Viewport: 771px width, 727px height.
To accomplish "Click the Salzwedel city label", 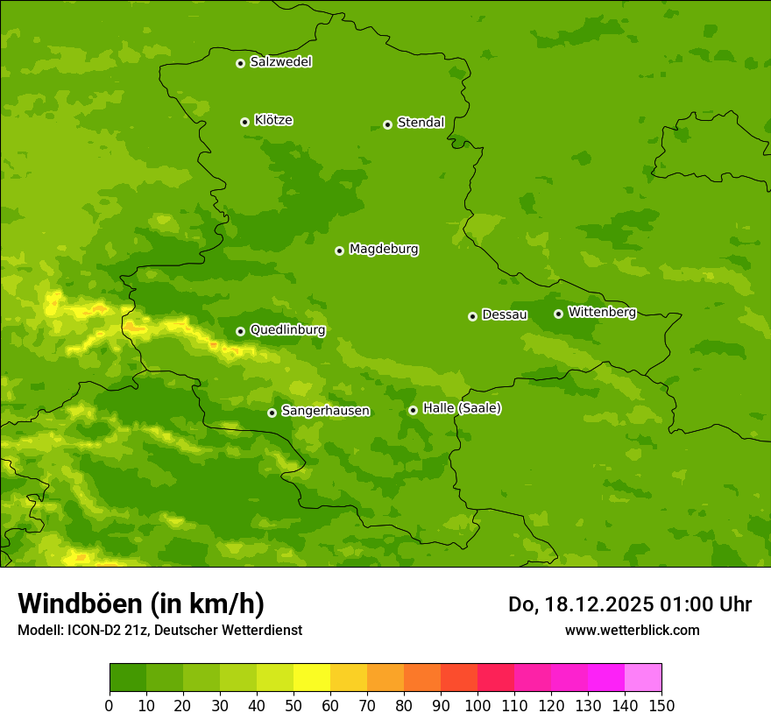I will [x=280, y=62].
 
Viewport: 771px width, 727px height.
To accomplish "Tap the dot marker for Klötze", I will [x=244, y=122].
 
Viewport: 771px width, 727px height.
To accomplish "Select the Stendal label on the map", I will [x=421, y=123].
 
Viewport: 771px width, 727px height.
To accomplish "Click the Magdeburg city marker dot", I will [x=339, y=251].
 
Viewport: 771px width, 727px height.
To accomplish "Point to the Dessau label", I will [x=505, y=314].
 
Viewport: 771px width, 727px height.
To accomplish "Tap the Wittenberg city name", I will [x=602, y=312].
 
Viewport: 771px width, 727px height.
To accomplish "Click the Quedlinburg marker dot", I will [x=240, y=331].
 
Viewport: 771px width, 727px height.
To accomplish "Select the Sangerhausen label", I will [x=325, y=411].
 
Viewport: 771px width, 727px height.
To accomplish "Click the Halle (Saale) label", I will [x=462, y=408].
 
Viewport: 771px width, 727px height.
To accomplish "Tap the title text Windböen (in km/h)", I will [x=141, y=603].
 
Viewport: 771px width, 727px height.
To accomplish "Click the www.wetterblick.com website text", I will [x=632, y=630].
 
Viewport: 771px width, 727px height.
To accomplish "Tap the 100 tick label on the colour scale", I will [x=477, y=705].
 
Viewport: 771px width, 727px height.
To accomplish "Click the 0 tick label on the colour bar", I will [x=110, y=705].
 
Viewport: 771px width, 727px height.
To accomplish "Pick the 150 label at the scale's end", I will [x=661, y=705].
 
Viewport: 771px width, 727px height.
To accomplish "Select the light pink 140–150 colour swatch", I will [x=643, y=678].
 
